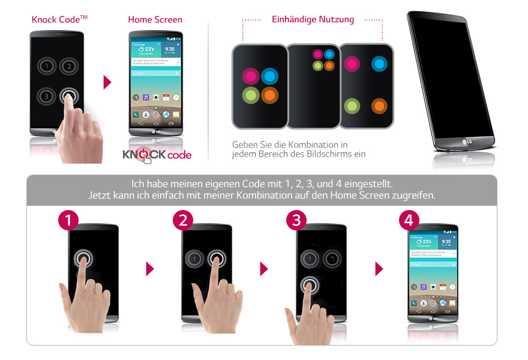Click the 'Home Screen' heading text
coord(155,20)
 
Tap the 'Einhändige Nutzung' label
coord(313,19)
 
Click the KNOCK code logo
coord(157,155)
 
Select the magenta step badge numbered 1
coord(68,220)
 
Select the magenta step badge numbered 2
coord(183,220)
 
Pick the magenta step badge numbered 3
coord(296,220)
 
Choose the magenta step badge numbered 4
coord(409,220)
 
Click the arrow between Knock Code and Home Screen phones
coord(108,82)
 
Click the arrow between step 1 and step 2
coord(150,269)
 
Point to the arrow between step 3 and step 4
coord(379,269)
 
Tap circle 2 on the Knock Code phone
coord(70,66)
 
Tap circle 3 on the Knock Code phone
coord(44,96)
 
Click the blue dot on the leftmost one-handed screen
coord(270,76)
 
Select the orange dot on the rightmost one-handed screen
coord(379,106)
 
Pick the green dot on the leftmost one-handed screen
coord(251,95)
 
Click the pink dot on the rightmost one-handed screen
coord(352,64)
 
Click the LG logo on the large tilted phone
coord(465,142)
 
